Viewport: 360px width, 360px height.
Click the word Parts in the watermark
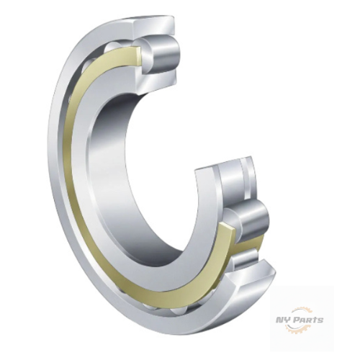[308, 320]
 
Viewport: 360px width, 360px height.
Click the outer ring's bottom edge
[180, 333]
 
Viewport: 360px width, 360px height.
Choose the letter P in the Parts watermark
[297, 320]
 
